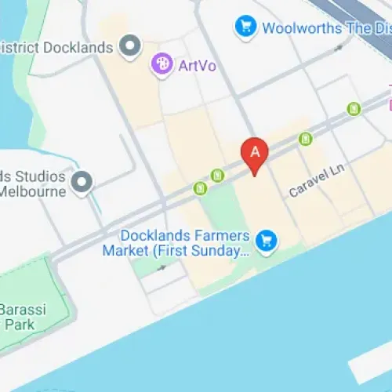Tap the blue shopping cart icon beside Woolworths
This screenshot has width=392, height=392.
[245, 28]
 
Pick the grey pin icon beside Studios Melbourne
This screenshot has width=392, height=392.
[82, 183]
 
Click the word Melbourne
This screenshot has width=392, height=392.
[31, 191]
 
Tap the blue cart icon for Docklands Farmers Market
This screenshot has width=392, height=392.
[267, 240]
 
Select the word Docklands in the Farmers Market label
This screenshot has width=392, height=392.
[155, 235]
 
